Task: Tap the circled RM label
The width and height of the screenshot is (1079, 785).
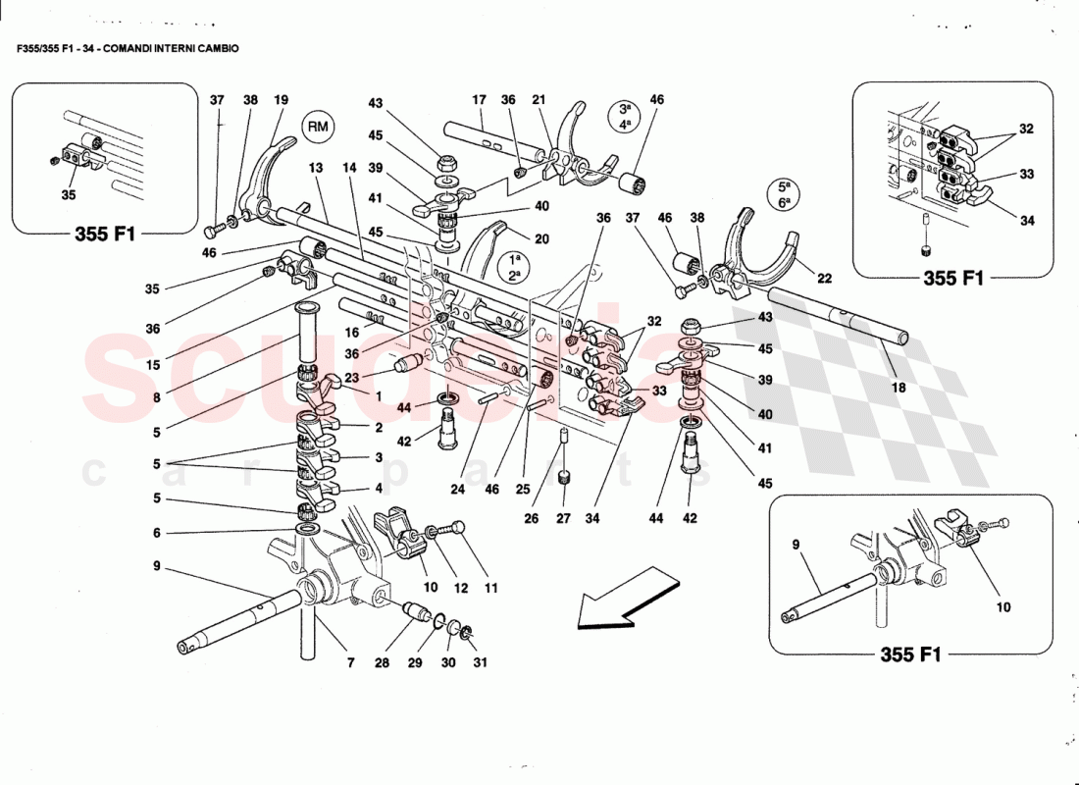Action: click(317, 126)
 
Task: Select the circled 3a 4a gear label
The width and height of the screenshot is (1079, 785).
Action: click(624, 117)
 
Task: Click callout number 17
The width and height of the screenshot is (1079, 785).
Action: click(479, 100)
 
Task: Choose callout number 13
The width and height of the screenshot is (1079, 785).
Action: click(316, 169)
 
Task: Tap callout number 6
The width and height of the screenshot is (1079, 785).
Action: click(156, 533)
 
